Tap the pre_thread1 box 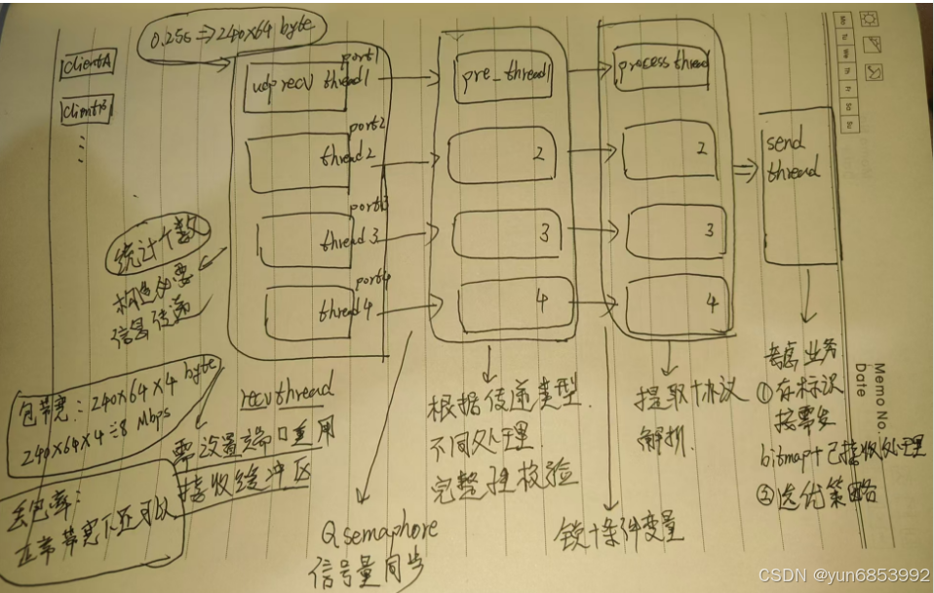coord(503,77)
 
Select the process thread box coord(662,66)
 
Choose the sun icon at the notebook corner coord(870,19)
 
